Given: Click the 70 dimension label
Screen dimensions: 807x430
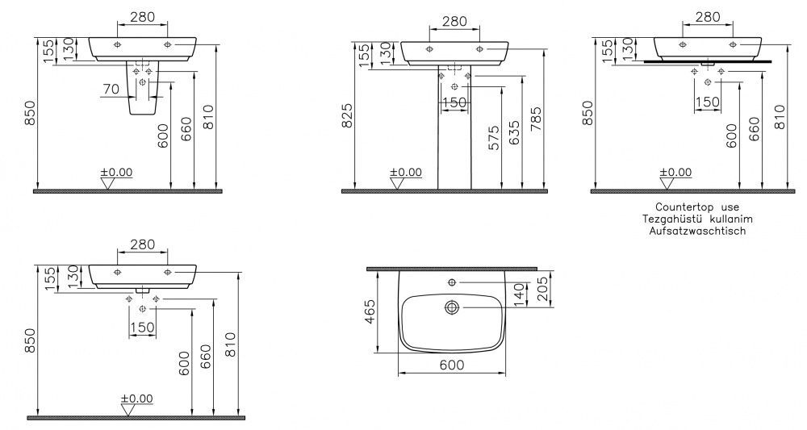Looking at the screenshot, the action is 111,90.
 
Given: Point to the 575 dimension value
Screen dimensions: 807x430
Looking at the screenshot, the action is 493,137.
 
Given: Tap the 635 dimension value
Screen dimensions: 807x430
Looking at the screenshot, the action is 513,132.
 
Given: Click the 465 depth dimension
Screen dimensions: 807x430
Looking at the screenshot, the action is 370,311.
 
